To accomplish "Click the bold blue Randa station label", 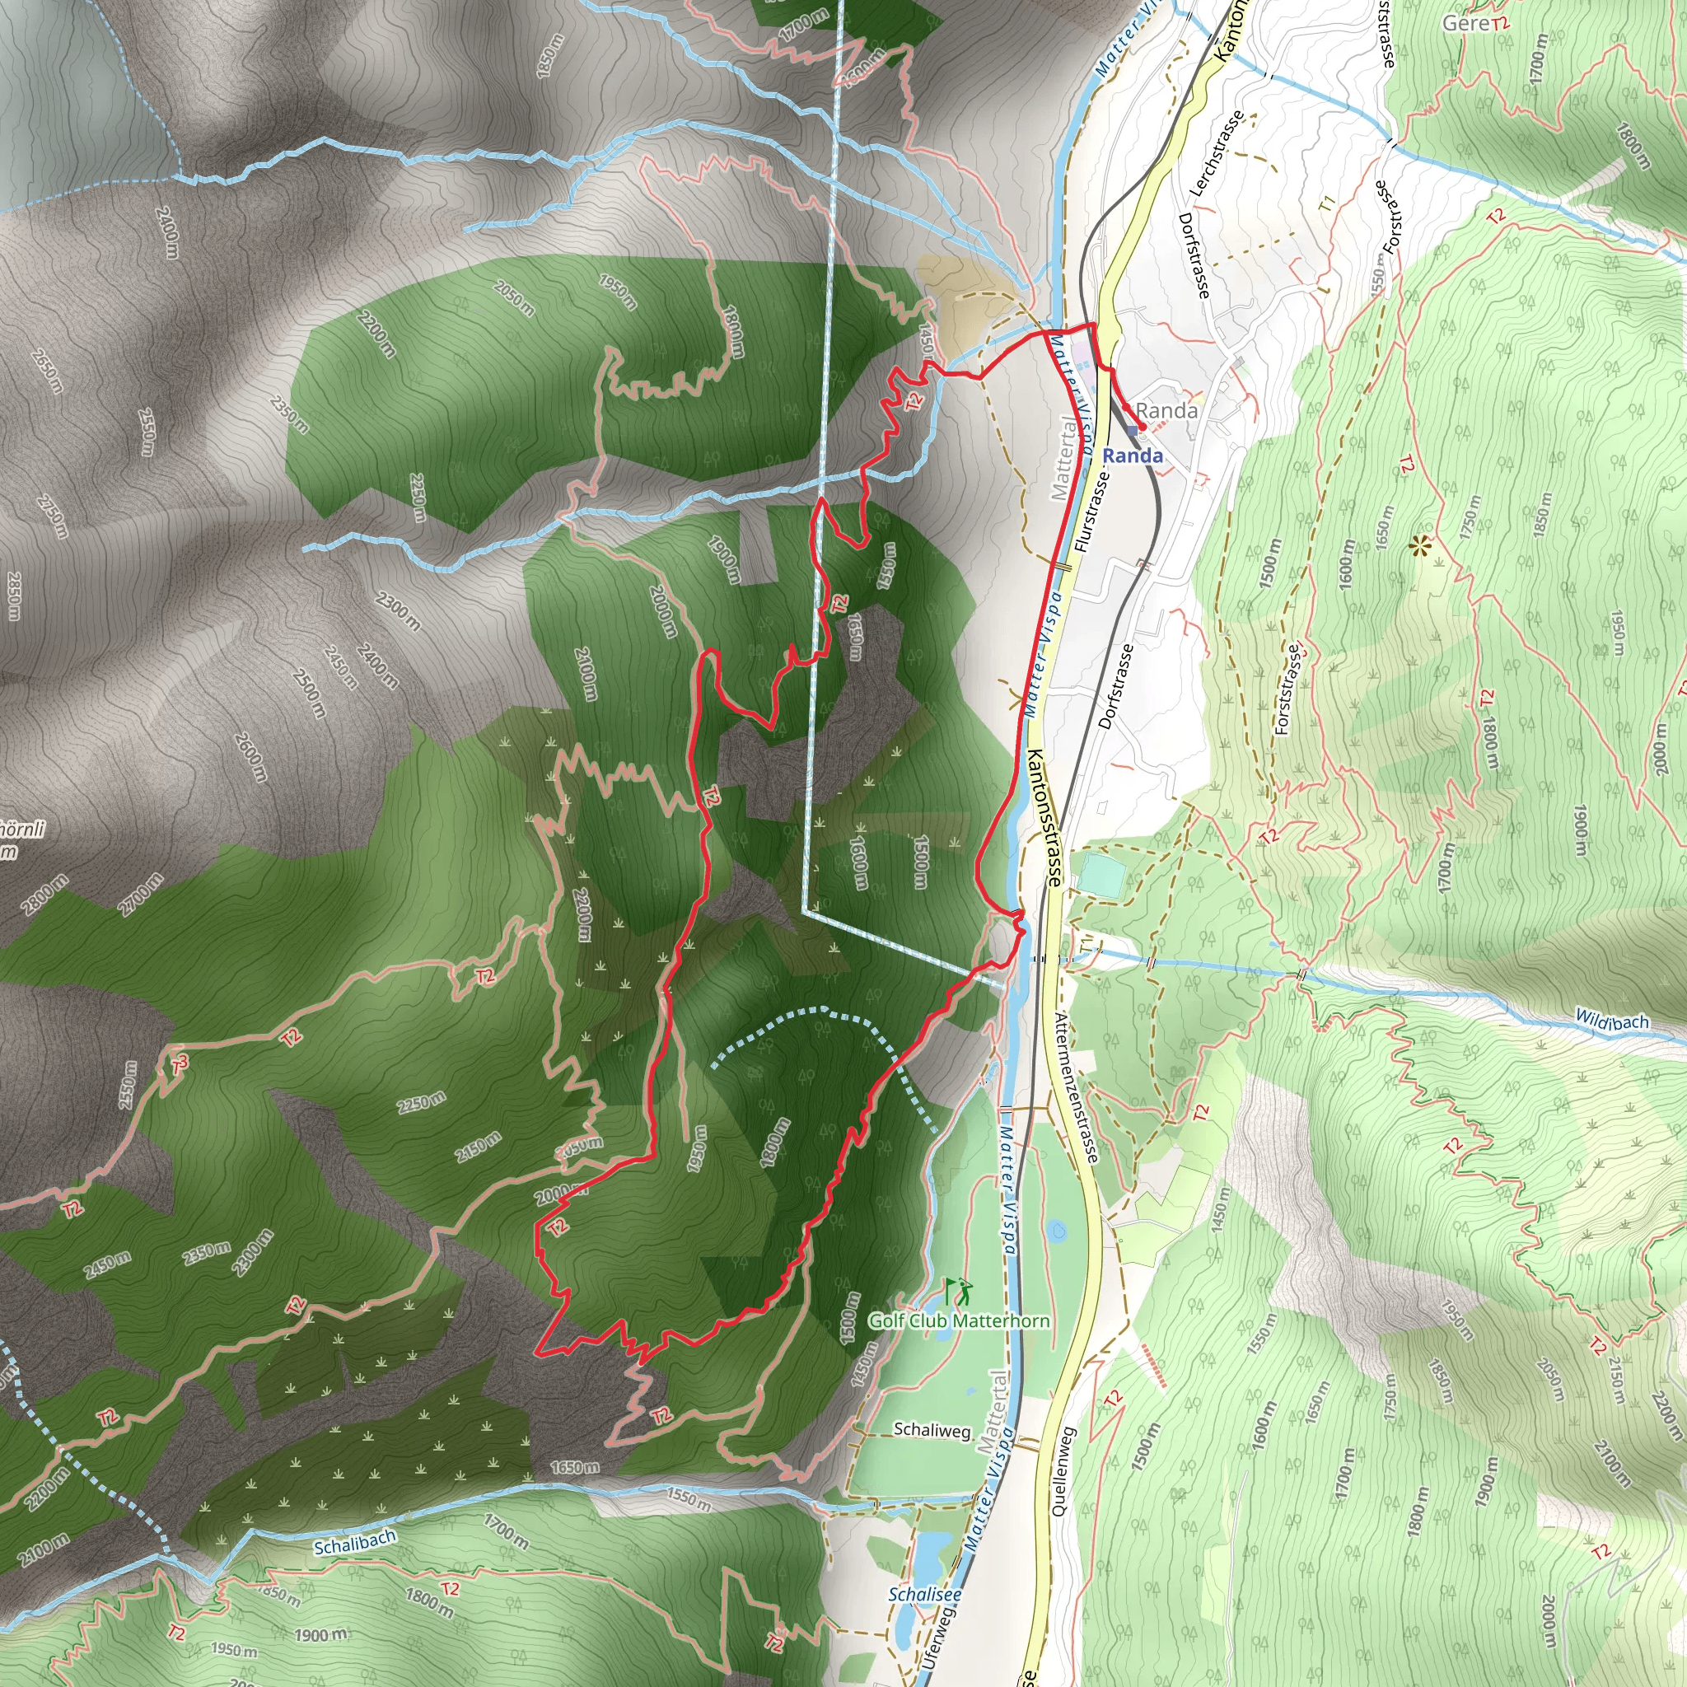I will [1132, 456].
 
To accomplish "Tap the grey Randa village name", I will [1166, 410].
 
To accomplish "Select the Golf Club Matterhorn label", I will [959, 1320].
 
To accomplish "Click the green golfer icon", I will [958, 1290].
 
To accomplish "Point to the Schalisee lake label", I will [925, 1594].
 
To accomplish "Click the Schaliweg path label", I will [932, 1429].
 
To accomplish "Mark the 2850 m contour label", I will [14, 596].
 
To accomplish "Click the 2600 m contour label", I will [249, 756].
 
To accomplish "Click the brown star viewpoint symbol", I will [1420, 548].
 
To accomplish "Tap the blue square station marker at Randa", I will [1133, 430].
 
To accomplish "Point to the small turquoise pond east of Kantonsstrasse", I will [1101, 873].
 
